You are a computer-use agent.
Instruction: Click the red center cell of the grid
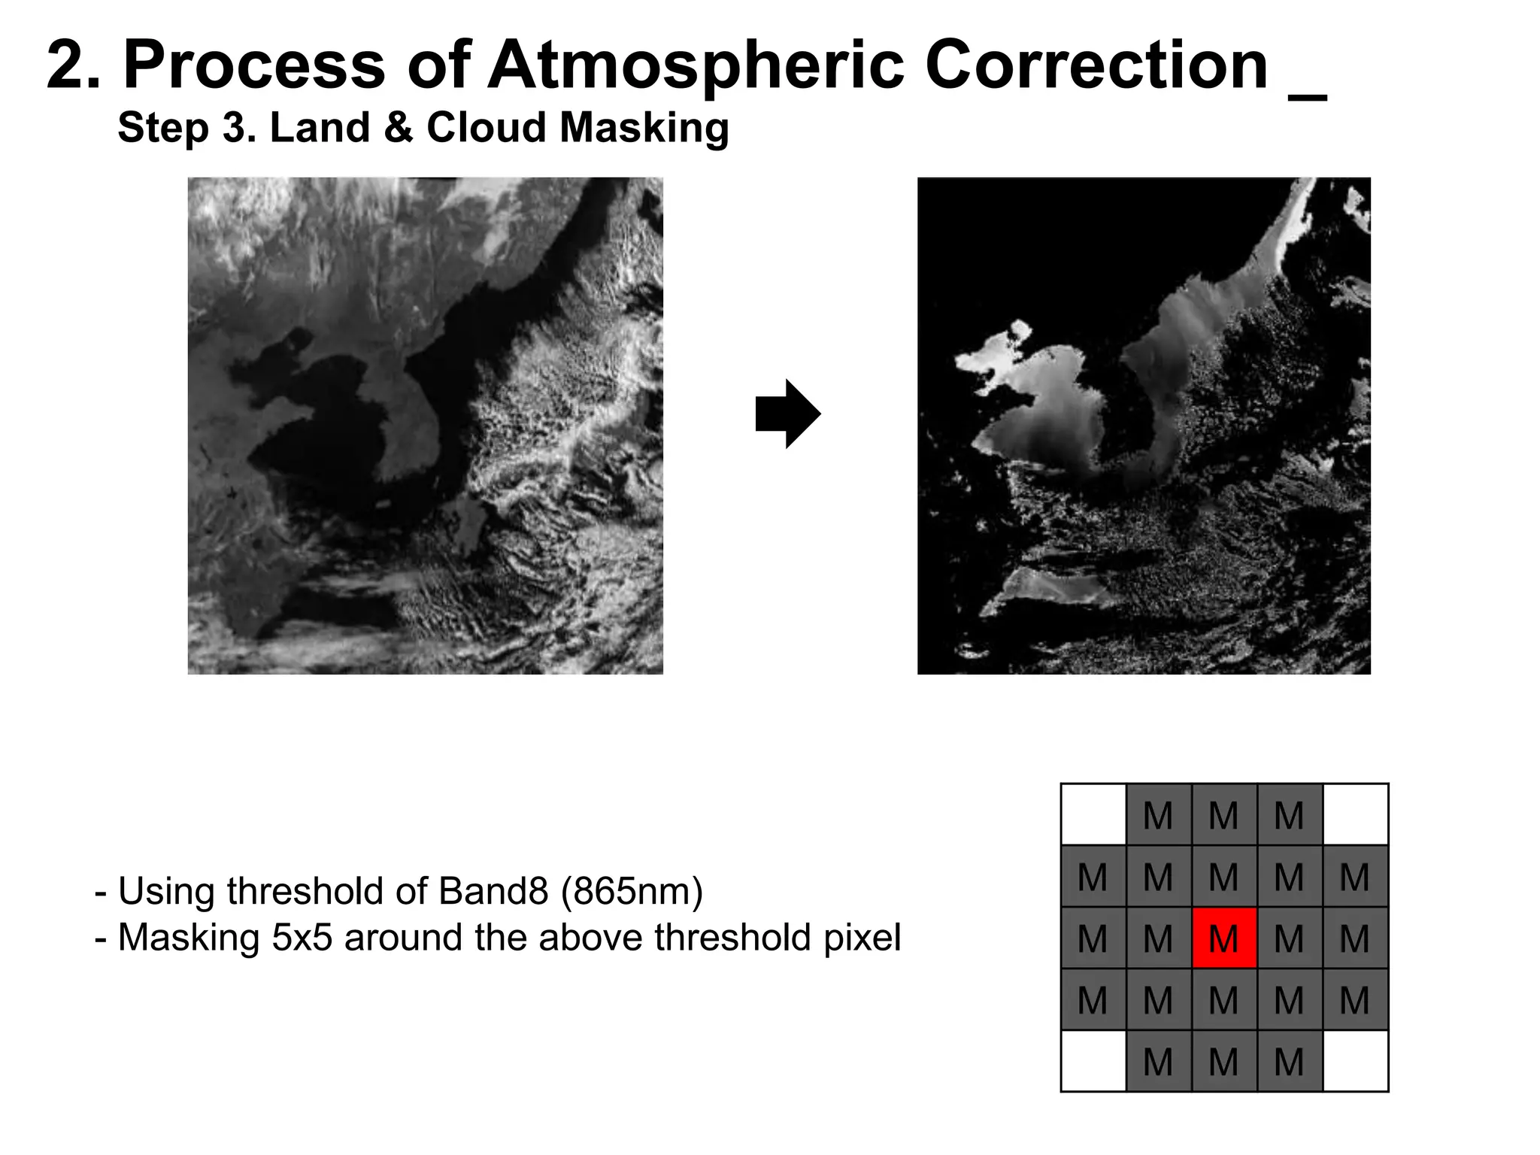point(1223,938)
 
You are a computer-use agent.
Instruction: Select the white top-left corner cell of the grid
point(1093,814)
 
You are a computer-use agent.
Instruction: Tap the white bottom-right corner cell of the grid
point(1355,1061)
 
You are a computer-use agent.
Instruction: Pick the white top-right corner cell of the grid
point(1355,814)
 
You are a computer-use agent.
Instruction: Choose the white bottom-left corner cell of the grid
point(1093,1061)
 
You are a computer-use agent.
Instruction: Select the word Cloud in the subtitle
point(485,127)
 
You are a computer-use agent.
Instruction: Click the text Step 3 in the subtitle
point(184,128)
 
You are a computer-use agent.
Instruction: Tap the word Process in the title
point(254,66)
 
